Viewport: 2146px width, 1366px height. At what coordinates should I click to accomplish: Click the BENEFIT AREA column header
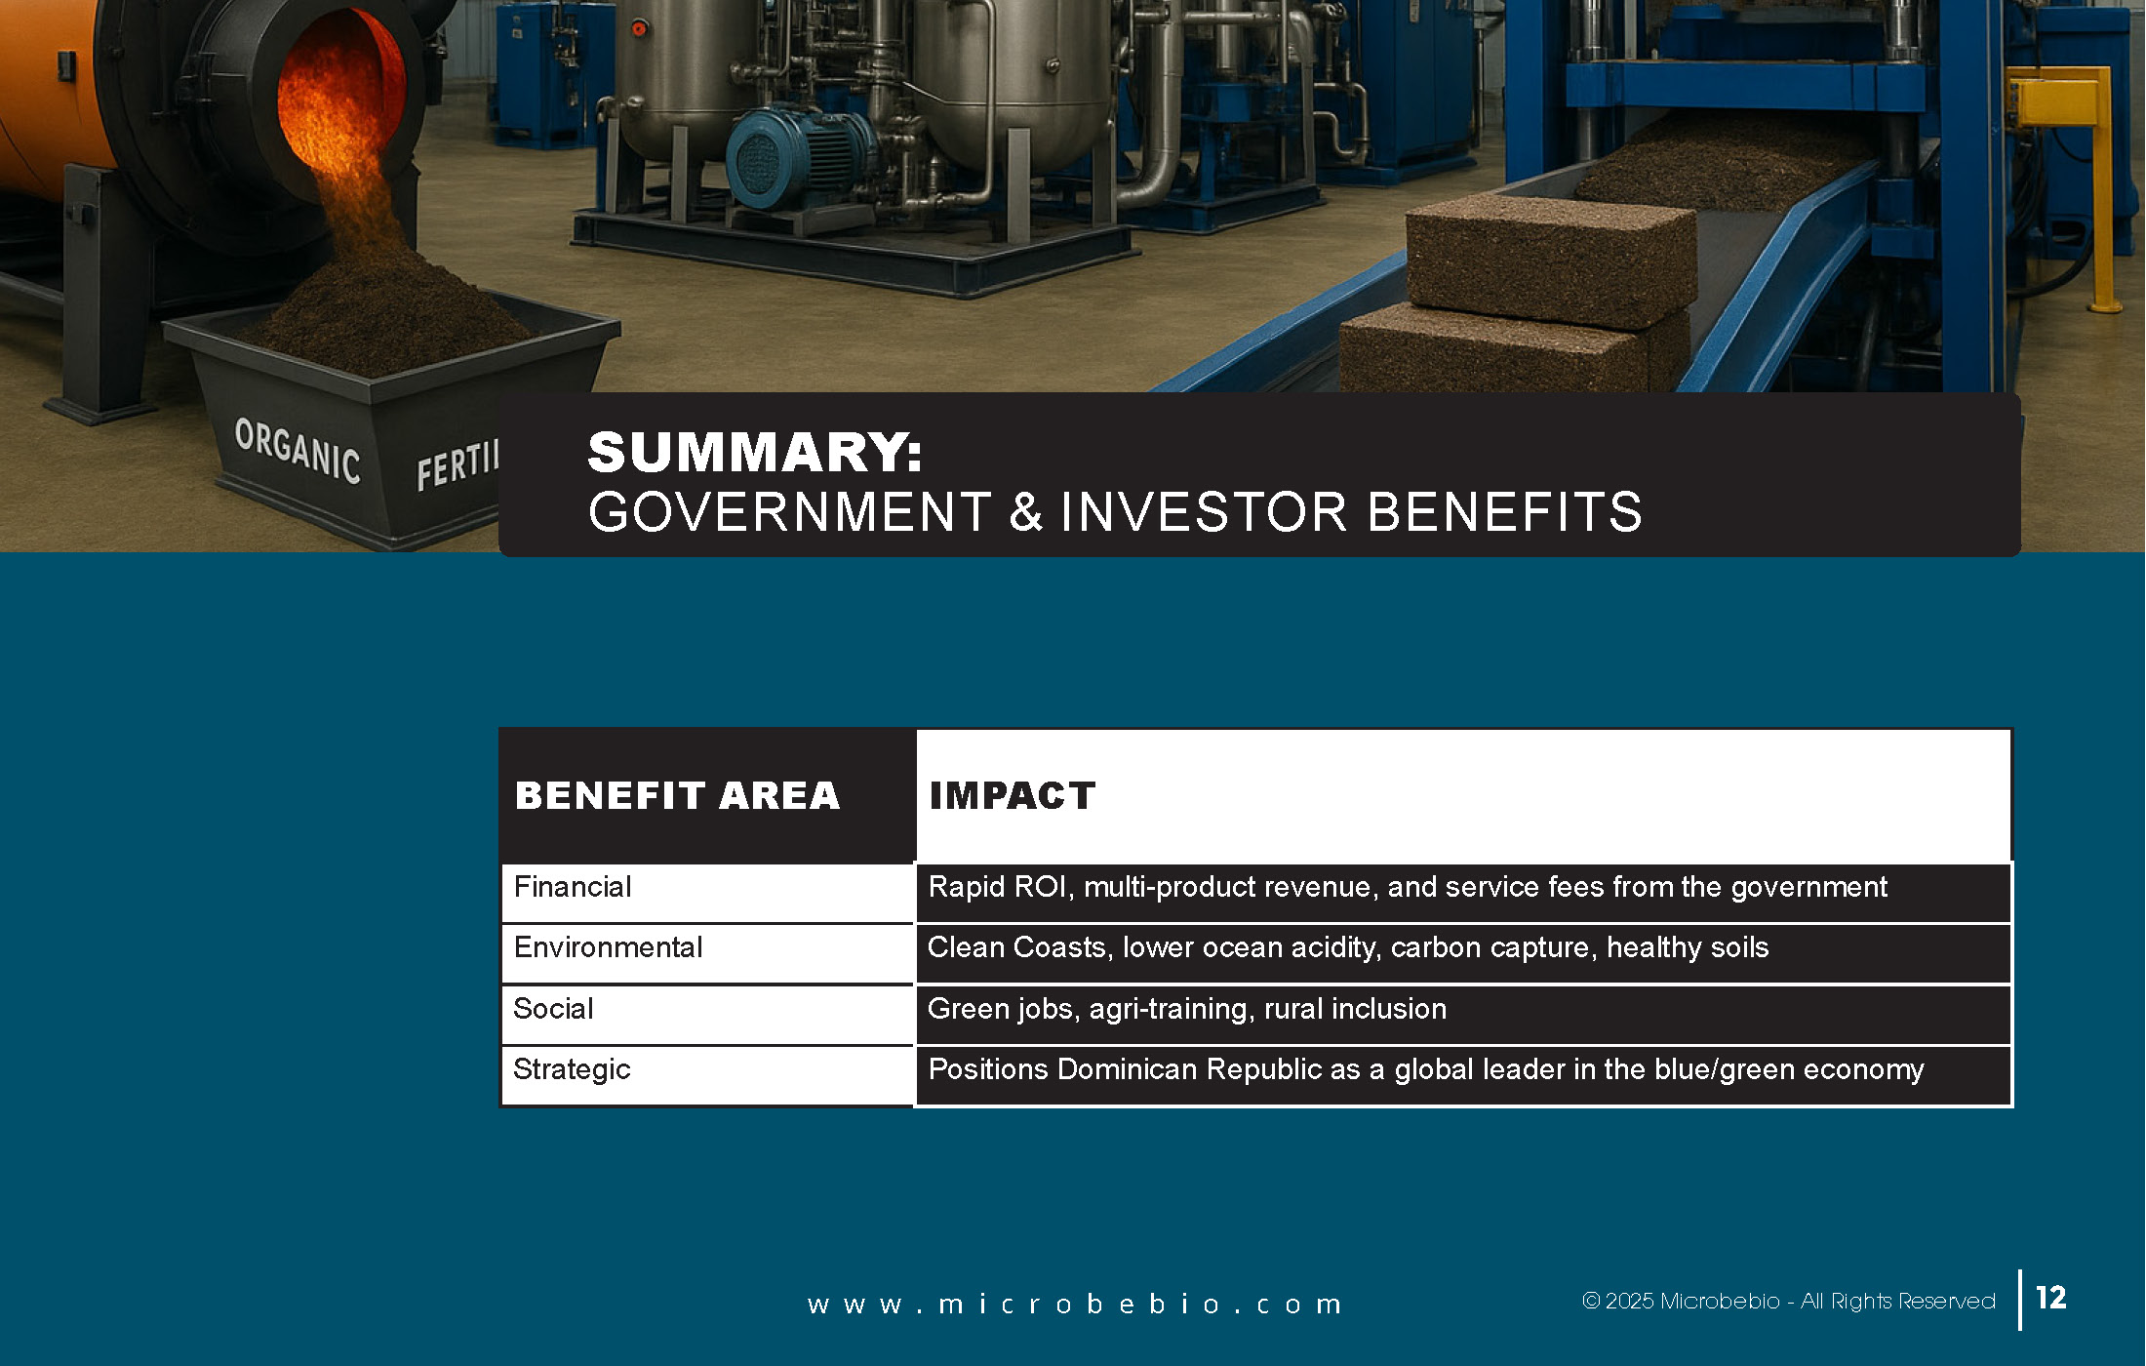677,795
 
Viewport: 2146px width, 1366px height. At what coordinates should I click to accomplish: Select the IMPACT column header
1012,795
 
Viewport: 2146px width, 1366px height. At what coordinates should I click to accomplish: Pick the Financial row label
573,887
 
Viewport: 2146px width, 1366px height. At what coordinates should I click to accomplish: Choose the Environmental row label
608,947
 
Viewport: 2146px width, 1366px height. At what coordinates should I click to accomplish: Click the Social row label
553,1009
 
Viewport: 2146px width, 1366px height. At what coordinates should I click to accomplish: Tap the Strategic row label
572,1070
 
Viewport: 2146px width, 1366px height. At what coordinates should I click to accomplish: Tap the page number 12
2050,1298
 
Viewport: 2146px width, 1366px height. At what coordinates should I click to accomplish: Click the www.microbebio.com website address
1074,1305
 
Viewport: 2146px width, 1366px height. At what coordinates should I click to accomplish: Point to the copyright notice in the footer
1788,1302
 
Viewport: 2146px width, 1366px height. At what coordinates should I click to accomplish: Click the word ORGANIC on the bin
298,451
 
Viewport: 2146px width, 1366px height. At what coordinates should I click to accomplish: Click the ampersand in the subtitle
1026,512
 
